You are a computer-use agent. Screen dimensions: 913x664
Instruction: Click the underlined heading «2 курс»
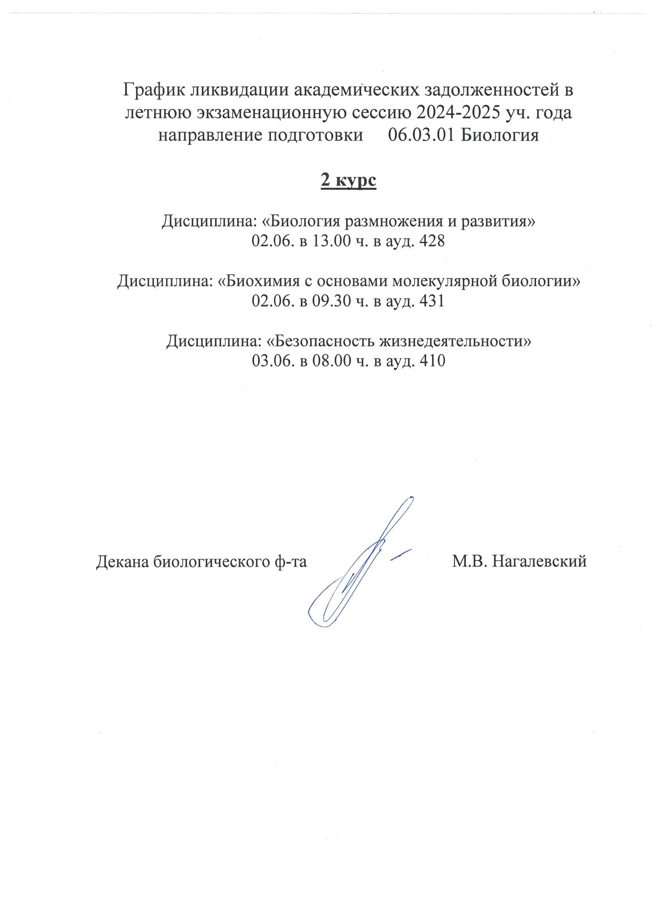[x=348, y=181]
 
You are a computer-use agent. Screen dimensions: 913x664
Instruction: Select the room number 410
[x=432, y=360]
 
